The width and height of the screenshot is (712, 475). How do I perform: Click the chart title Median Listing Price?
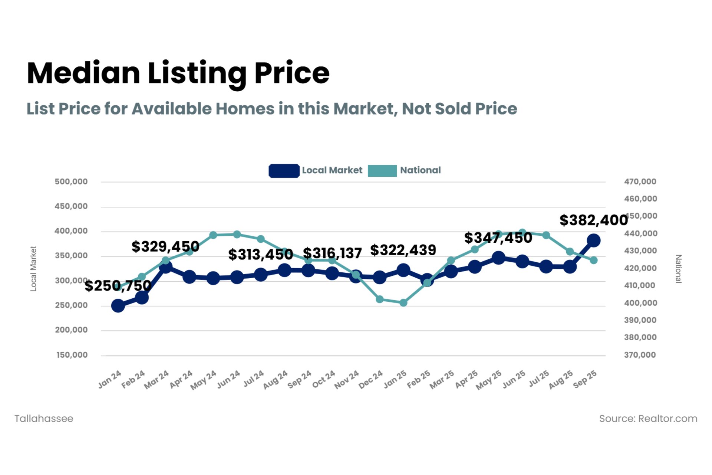[x=178, y=73]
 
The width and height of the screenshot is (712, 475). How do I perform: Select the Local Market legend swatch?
[x=284, y=171]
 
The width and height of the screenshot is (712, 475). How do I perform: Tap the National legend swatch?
[x=382, y=171]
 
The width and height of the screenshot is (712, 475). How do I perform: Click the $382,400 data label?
[x=593, y=220]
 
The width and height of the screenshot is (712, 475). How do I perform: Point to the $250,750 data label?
[x=118, y=286]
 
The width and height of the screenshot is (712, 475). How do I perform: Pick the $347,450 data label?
[x=498, y=238]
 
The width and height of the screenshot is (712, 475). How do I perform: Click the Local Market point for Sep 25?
[x=593, y=240]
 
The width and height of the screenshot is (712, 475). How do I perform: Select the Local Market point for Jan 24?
[x=118, y=306]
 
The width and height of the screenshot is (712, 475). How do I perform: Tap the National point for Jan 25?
[x=403, y=303]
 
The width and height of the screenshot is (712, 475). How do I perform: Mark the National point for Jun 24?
[x=237, y=235]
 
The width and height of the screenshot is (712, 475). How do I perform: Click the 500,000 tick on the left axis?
[x=71, y=182]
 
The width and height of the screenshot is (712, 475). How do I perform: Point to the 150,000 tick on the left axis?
[x=72, y=355]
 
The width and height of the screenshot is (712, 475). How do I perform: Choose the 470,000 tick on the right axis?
[x=640, y=182]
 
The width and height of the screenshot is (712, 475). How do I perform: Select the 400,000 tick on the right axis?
[x=640, y=303]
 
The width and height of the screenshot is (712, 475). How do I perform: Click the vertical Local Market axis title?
[x=33, y=269]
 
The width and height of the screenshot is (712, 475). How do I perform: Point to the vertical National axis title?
[x=678, y=269]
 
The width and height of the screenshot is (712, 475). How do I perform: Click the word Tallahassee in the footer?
[x=44, y=419]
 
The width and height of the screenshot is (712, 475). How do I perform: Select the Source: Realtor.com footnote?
[x=648, y=419]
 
